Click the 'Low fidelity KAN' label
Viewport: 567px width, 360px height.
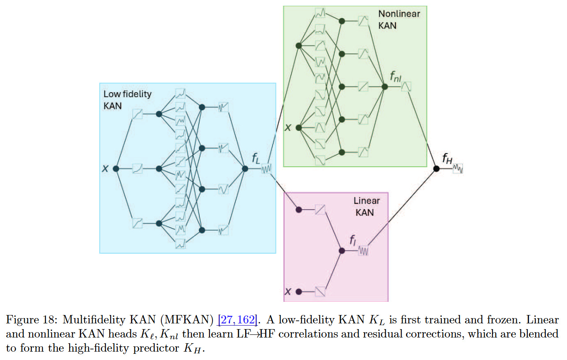pos(127,100)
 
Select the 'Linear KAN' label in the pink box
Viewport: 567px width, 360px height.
pos(366,206)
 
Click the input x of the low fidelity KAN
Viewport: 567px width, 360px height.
pos(105,169)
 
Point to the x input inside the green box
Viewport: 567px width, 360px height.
pos(287,128)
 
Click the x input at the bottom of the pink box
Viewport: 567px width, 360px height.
pos(287,291)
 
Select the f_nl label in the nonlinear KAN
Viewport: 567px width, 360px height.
pos(395,77)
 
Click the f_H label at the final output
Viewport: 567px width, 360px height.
pos(447,159)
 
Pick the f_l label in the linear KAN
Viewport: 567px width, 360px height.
pos(353,241)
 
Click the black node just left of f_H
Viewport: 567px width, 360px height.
pos(436,169)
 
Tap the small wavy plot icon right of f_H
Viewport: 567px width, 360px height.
pos(458,169)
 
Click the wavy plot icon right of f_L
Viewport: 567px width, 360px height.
pos(266,169)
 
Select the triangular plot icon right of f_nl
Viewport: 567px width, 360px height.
pos(407,87)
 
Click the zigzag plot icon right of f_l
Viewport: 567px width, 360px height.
pos(364,251)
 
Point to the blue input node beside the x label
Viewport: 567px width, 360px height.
pos(116,169)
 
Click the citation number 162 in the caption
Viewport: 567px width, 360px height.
pos(248,320)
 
